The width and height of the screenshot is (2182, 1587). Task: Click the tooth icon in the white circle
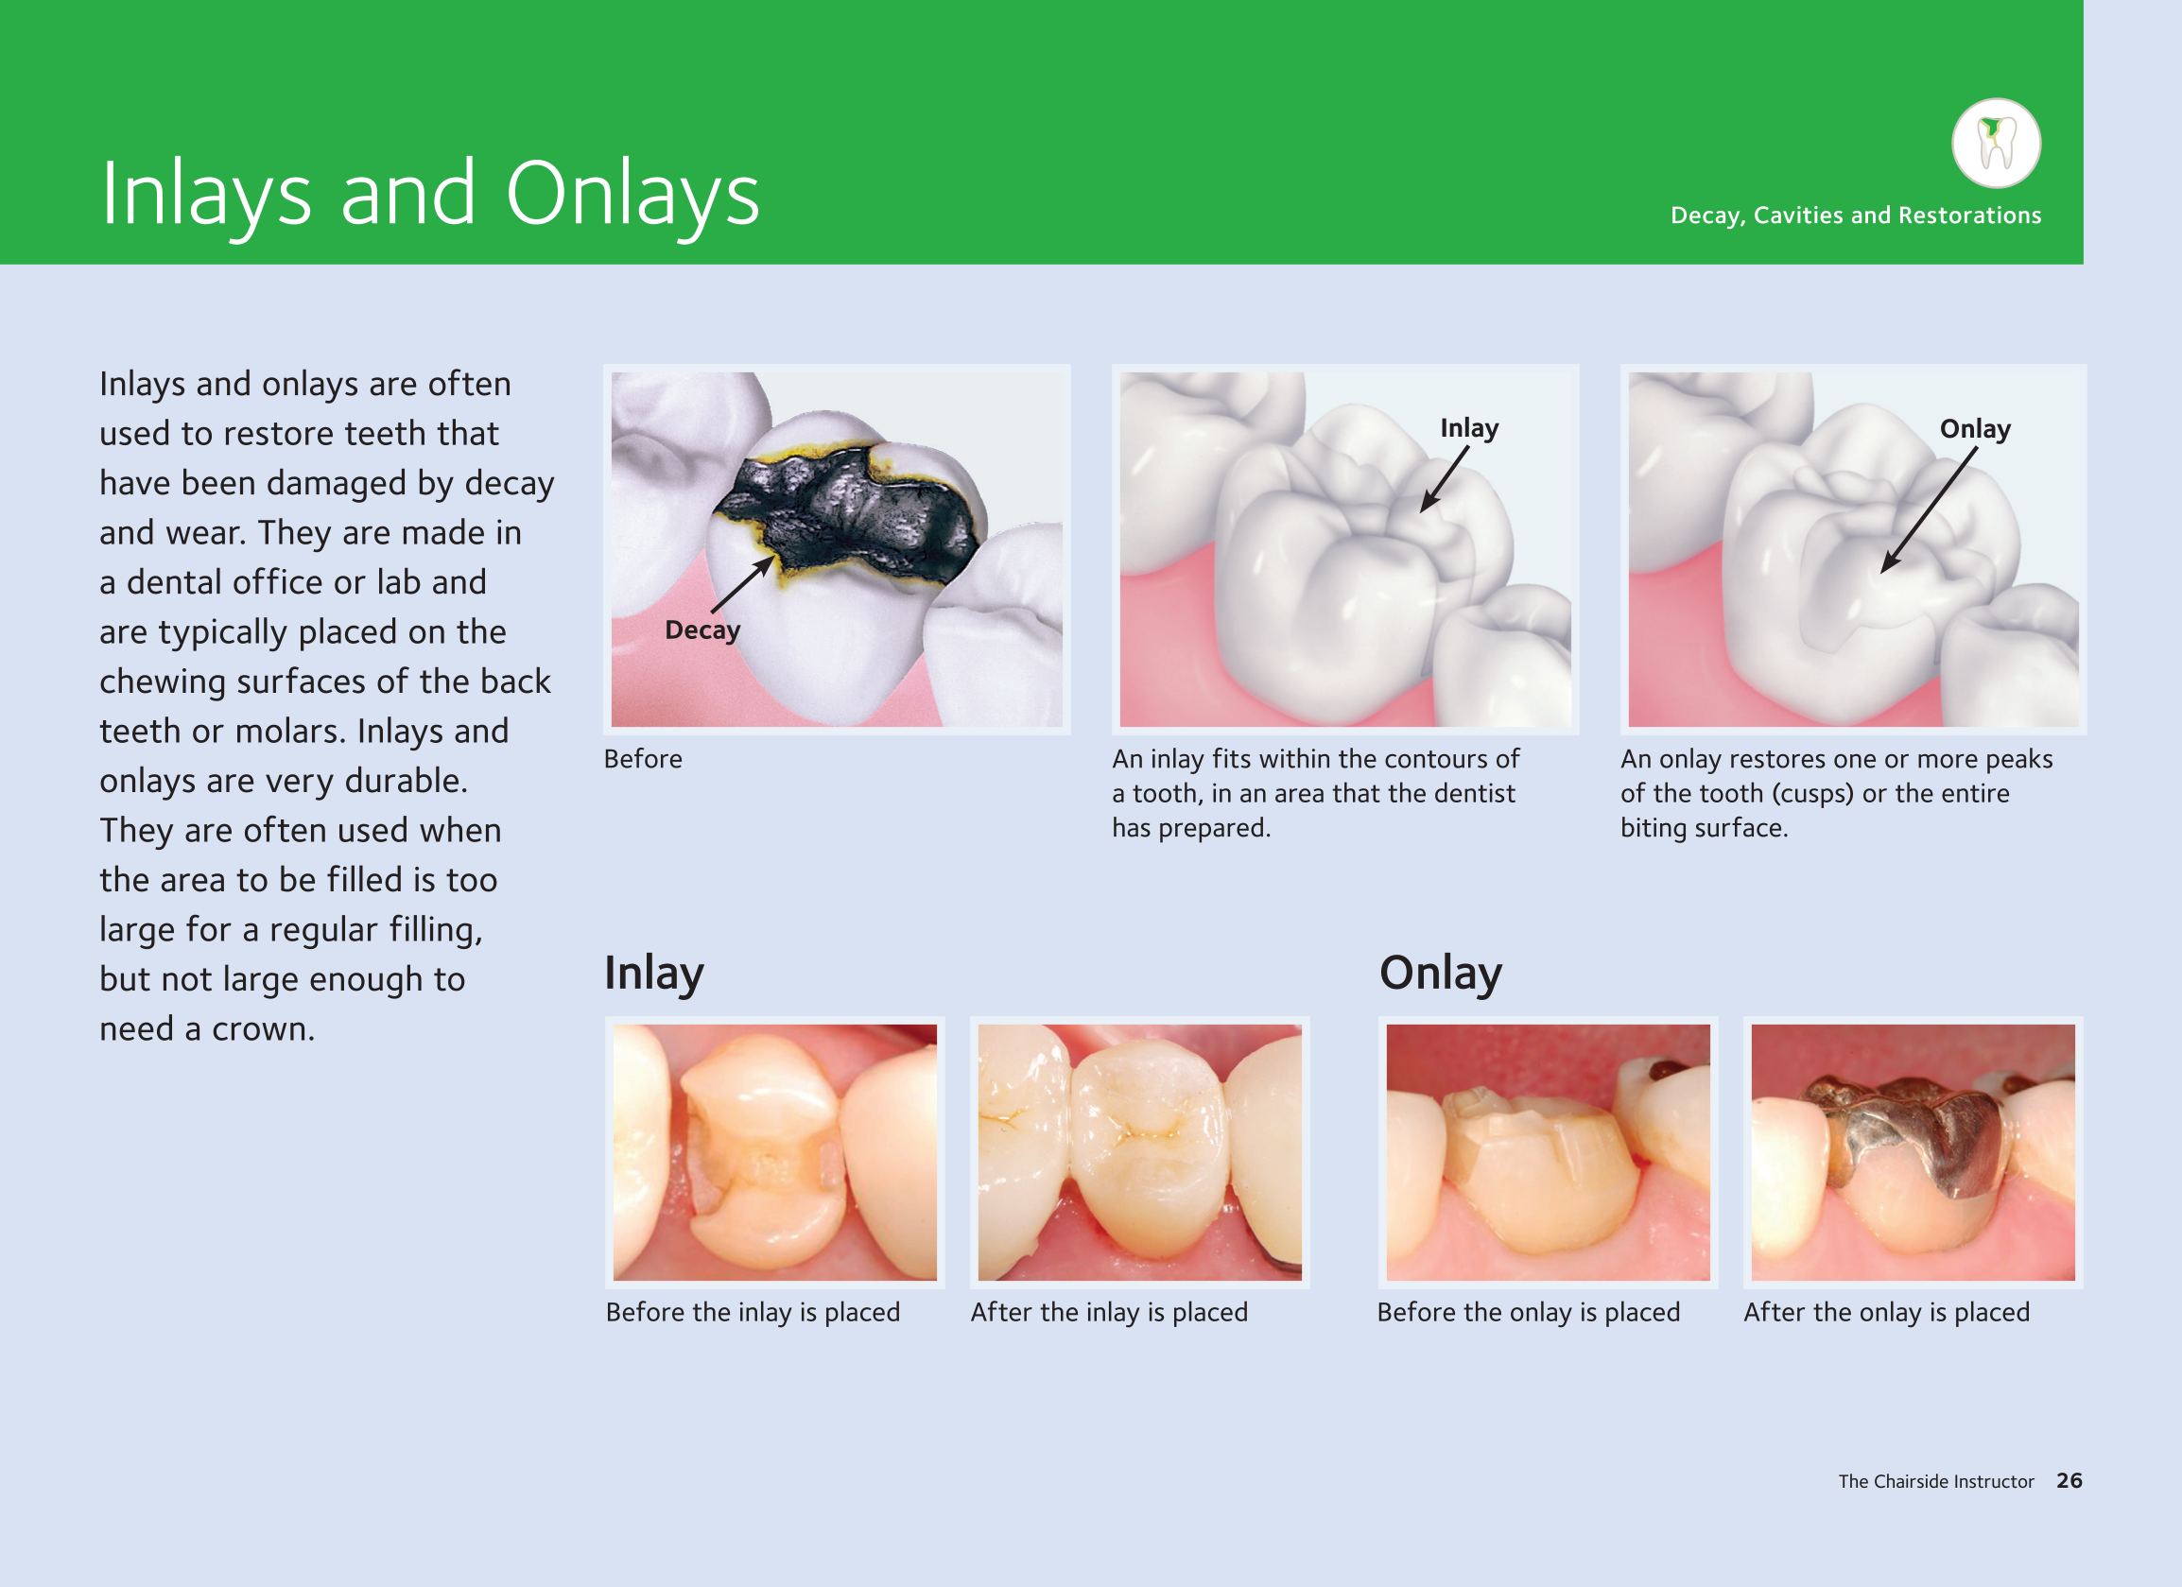coord(1996,144)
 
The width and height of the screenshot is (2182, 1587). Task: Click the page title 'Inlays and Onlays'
coord(430,195)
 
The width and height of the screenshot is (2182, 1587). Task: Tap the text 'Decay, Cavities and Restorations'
coord(1856,216)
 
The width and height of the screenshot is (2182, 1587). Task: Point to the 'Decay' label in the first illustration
coord(702,630)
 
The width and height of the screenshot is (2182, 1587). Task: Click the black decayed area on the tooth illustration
coord(847,514)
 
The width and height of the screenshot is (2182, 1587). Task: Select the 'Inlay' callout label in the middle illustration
coord(1469,428)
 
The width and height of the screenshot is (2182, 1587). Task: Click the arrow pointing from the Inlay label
coord(1444,479)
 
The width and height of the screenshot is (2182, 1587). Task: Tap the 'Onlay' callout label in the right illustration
coord(1975,429)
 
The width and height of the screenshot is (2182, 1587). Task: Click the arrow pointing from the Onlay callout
coord(1929,509)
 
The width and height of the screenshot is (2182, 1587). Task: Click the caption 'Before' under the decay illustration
coord(643,759)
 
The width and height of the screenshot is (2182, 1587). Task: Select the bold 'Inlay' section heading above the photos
coord(654,974)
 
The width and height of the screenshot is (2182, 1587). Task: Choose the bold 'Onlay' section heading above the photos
coord(1440,974)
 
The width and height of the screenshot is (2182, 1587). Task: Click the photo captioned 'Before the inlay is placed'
coord(774,1152)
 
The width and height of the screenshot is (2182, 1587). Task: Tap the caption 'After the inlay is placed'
coord(1109,1312)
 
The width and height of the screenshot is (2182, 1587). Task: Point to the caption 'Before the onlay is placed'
coord(1529,1312)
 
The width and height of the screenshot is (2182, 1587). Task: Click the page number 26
coord(2069,1481)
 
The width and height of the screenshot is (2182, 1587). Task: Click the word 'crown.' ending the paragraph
coord(264,1029)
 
